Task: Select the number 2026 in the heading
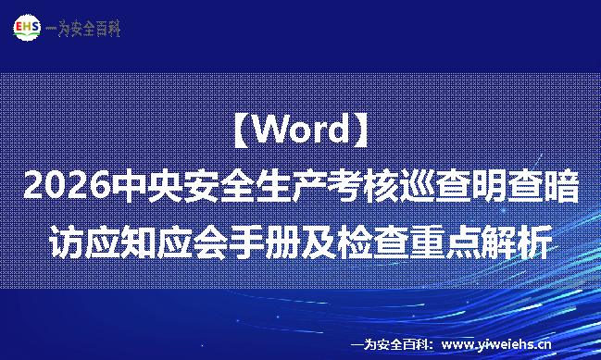point(63,186)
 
